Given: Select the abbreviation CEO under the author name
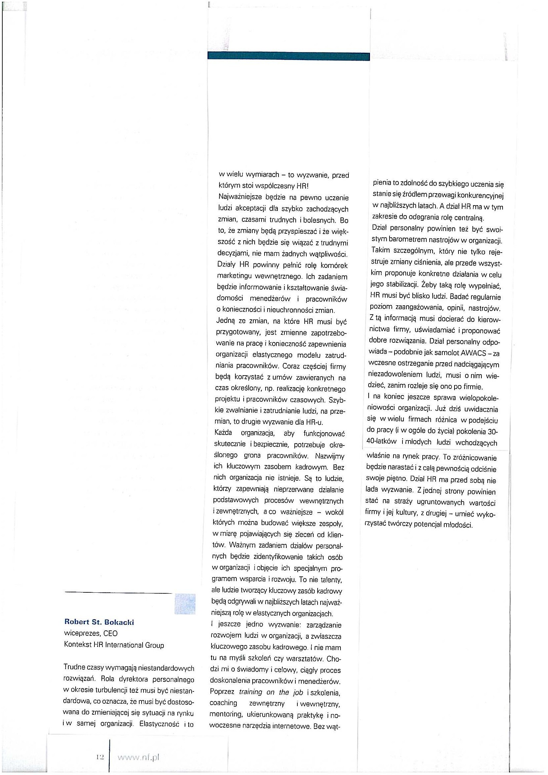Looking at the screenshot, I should coord(110,633).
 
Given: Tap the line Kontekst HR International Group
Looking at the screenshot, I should coord(114,645).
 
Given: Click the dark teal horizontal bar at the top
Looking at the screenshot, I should coord(288,56).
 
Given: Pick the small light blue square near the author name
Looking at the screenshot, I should coord(185,603).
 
